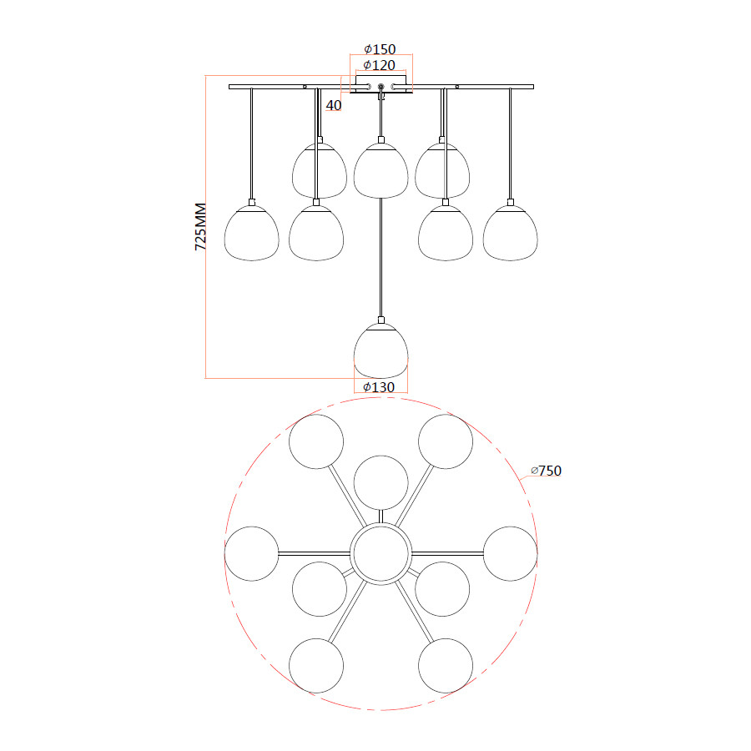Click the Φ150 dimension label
pos(380,49)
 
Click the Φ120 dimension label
pos(380,65)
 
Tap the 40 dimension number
pos(334,105)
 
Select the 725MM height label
pos(200,226)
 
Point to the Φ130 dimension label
pos(379,387)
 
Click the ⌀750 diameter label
pos(546,471)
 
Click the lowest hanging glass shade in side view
pos(381,350)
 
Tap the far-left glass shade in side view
pos(251,234)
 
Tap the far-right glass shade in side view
pos(510,234)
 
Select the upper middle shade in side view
pos(381,171)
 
